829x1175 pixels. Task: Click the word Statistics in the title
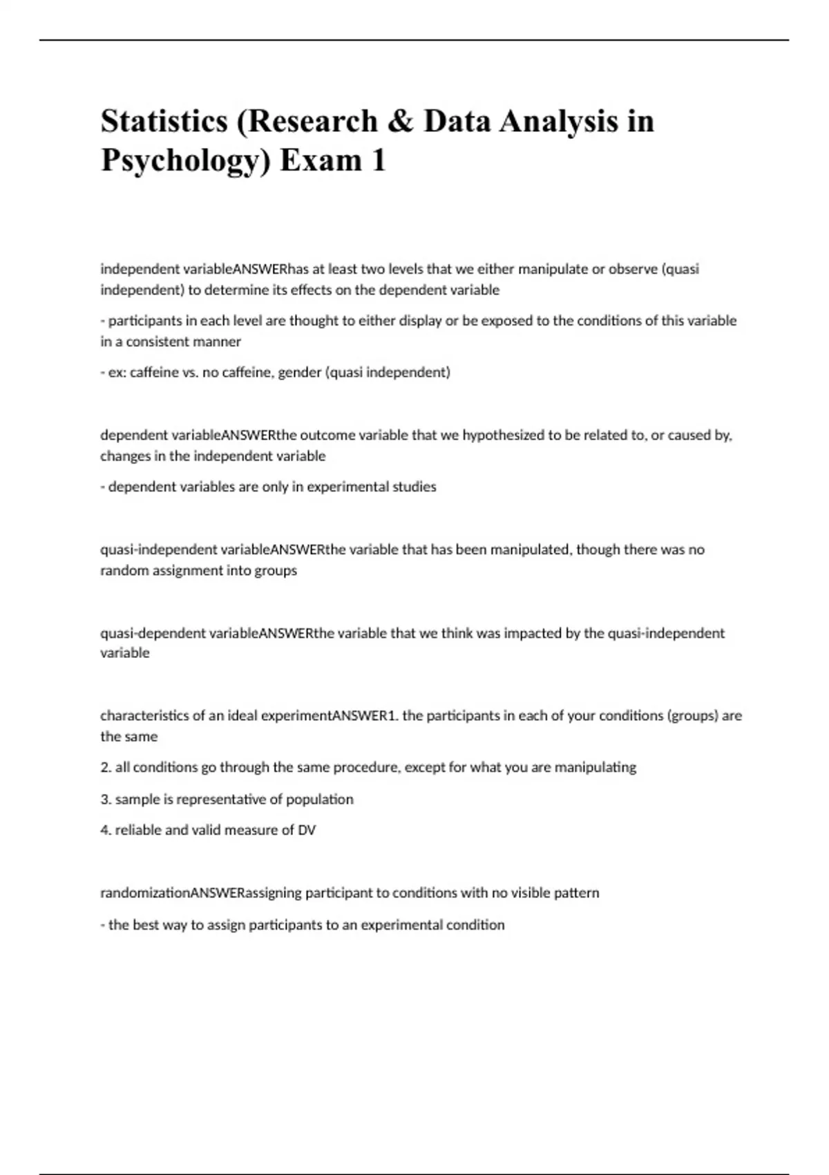pos(164,121)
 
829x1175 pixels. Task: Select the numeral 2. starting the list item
pos(106,767)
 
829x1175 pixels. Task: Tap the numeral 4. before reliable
pos(106,830)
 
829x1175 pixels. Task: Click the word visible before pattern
pos(530,893)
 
